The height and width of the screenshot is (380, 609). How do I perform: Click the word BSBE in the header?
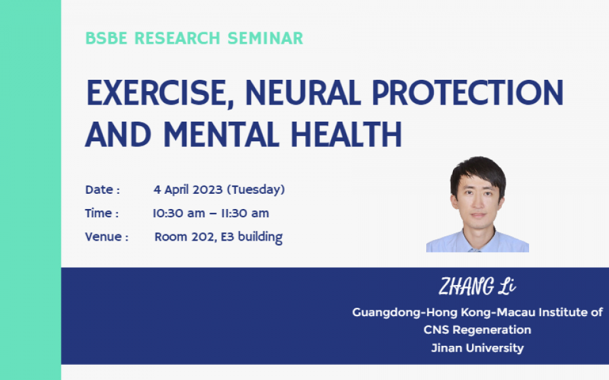click(x=106, y=38)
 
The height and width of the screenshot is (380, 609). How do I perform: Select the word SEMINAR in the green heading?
click(x=265, y=38)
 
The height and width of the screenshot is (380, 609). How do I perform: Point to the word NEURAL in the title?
click(x=303, y=92)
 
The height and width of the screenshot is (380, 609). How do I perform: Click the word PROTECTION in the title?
click(x=468, y=92)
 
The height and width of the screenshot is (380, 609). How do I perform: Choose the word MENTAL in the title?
click(x=221, y=134)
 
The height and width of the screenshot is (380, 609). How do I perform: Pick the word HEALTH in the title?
click(x=346, y=134)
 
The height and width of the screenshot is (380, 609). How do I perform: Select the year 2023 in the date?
click(x=208, y=189)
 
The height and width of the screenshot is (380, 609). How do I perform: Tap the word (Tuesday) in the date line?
click(x=256, y=190)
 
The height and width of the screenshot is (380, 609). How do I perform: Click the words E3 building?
click(x=252, y=237)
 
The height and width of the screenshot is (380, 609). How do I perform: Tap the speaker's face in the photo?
click(x=478, y=201)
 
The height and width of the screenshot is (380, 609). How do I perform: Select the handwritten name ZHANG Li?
click(x=477, y=286)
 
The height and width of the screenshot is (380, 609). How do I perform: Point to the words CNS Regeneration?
click(x=477, y=330)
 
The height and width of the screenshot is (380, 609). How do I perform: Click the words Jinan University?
click(x=477, y=348)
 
